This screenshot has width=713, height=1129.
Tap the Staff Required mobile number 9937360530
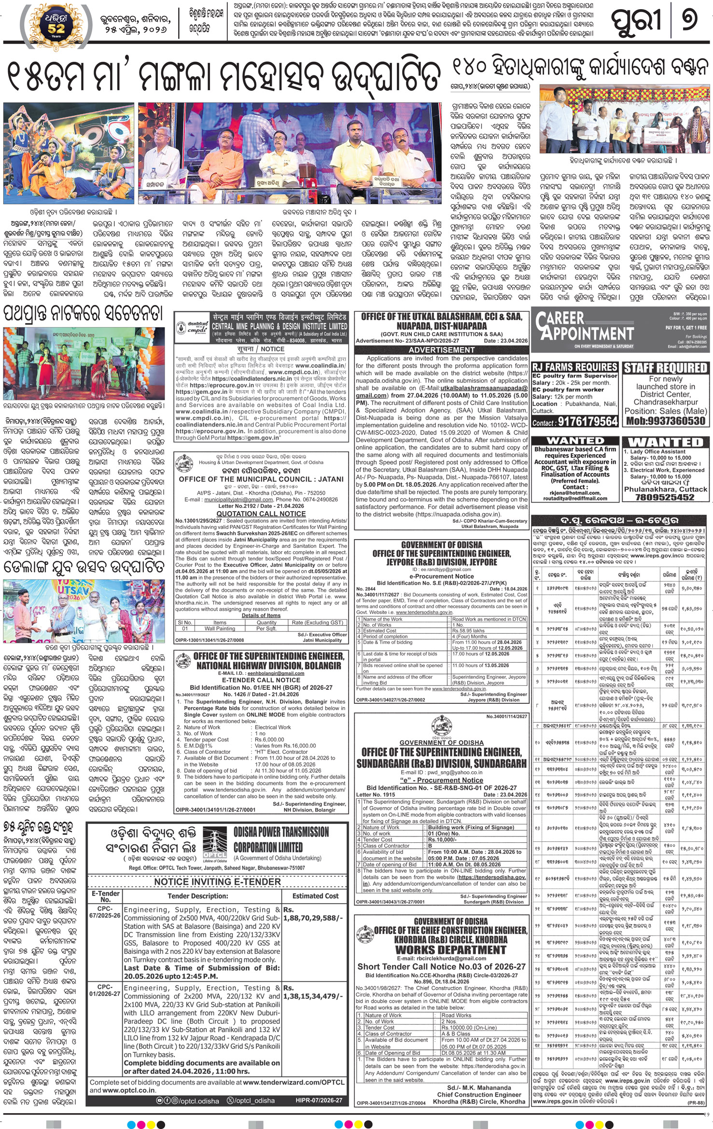tap(666, 421)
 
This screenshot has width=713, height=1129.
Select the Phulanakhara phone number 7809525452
tap(666, 497)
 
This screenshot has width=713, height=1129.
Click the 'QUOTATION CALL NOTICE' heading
tap(261, 514)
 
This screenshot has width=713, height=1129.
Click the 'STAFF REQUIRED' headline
tap(666, 368)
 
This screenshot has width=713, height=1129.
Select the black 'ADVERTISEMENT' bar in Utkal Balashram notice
tap(442, 349)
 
